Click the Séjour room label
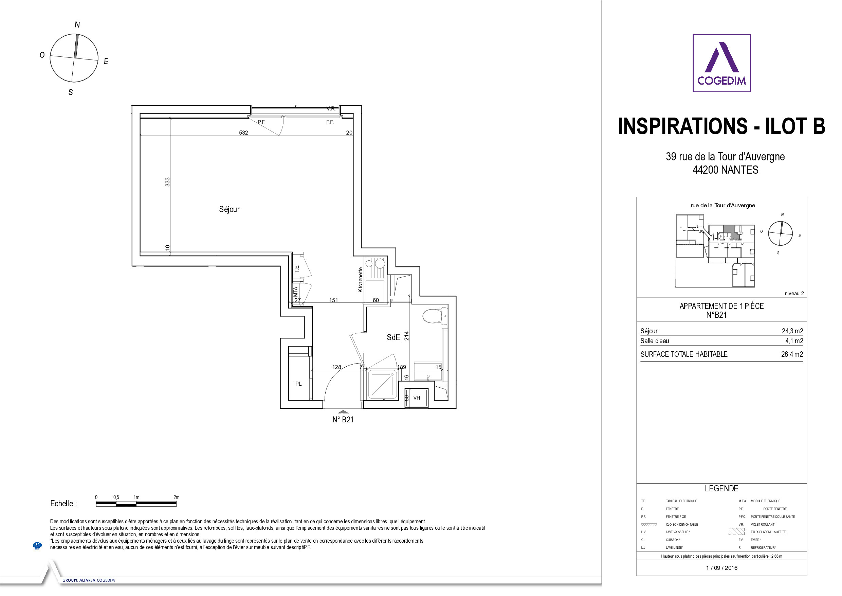[x=229, y=209]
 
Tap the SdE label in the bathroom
[x=393, y=337]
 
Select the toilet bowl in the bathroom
[x=435, y=316]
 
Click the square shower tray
[x=382, y=384]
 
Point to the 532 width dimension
[x=243, y=133]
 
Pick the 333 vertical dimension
[x=168, y=182]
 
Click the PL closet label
[x=298, y=384]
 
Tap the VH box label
[x=417, y=398]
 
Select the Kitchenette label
[x=360, y=280]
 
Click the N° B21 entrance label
[x=343, y=420]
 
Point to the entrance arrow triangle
[x=343, y=412]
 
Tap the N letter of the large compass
[x=77, y=24]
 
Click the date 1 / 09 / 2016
[x=722, y=568]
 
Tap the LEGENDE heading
[x=721, y=489]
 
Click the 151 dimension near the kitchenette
[x=333, y=300]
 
